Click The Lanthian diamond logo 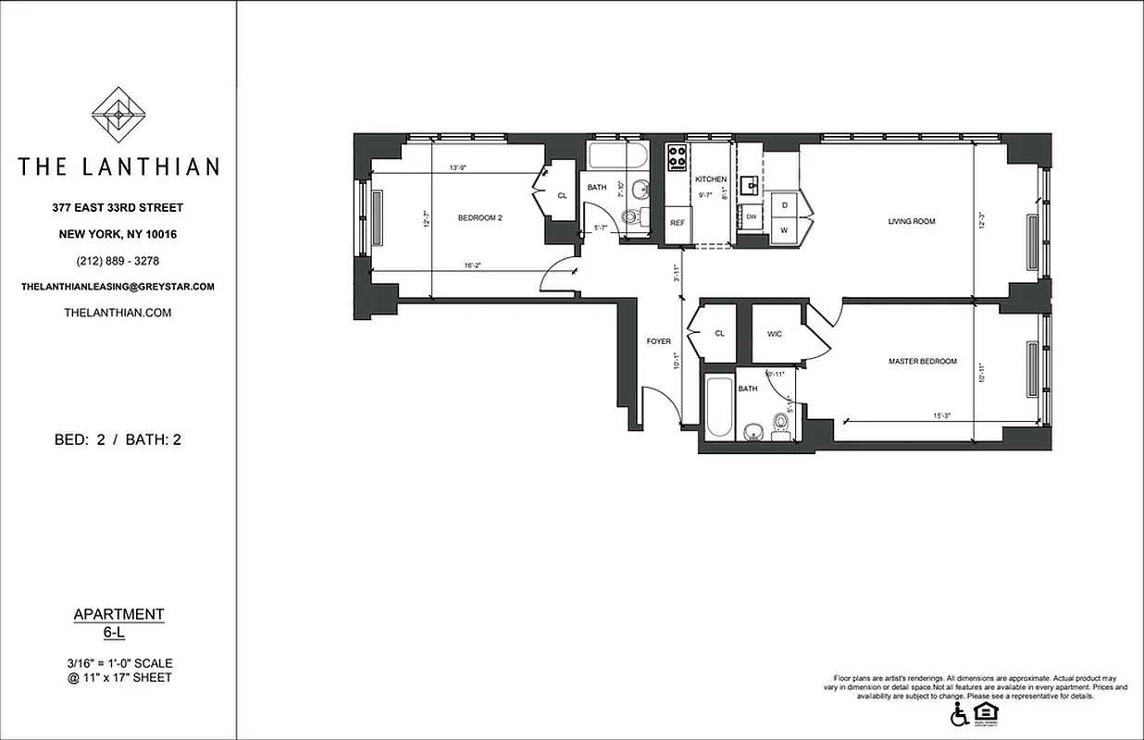118,116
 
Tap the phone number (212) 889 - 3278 118,261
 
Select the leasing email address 118,287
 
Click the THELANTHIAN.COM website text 118,313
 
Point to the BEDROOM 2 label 479,218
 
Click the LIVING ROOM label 911,221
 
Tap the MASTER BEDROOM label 922,362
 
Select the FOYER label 658,342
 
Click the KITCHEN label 711,179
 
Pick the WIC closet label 775,334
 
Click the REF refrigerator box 678,223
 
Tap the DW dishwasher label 751,216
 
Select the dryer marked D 785,203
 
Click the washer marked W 785,229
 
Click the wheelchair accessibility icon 961,714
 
